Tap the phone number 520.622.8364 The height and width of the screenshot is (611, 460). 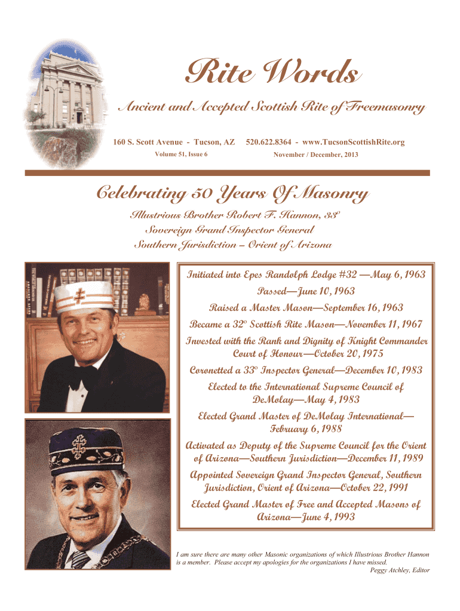pos(268,142)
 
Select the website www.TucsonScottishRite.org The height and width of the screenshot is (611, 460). pos(354,142)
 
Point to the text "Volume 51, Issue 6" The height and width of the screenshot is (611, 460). pos(177,154)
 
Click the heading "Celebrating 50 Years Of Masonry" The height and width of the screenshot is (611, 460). pos(232,194)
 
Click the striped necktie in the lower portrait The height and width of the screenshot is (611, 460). pos(79,558)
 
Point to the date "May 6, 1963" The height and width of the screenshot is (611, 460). pos(398,275)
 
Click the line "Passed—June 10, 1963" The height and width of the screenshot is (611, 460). pos(306,292)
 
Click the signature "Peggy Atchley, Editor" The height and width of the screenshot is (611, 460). pos(400,570)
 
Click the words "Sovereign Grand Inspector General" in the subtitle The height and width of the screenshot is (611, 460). pos(230,230)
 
